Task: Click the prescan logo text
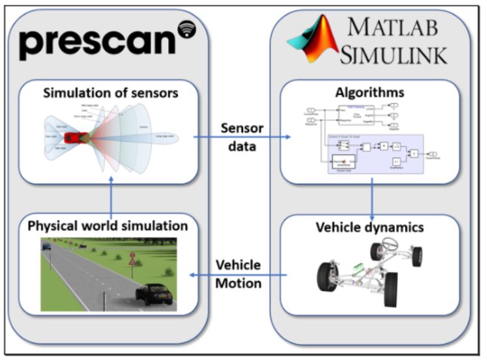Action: (x=98, y=42)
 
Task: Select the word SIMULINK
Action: (x=400, y=55)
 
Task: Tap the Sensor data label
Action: (x=242, y=137)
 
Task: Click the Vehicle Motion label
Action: (x=238, y=273)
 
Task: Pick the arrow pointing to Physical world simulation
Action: (x=195, y=274)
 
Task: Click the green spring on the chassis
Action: (x=358, y=267)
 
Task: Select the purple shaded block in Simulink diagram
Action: (x=376, y=154)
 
